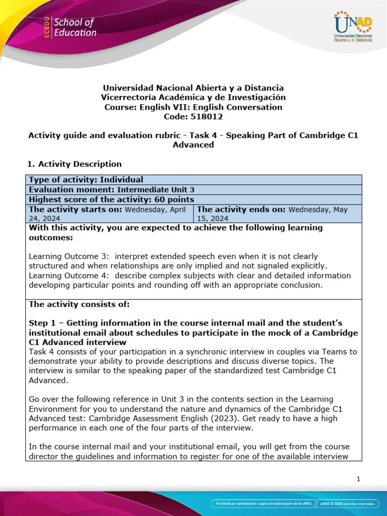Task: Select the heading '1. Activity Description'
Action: pyautogui.click(x=74, y=164)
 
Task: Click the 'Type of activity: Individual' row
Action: pyautogui.click(x=86, y=180)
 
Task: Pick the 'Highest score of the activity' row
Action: pyautogui.click(x=111, y=199)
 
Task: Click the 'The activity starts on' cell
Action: pyautogui.click(x=109, y=213)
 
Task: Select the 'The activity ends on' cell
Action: pyautogui.click(x=277, y=213)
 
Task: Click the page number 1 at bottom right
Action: pyautogui.click(x=358, y=479)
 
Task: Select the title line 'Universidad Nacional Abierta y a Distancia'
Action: pyautogui.click(x=193, y=88)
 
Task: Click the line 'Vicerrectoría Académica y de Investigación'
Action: pyautogui.click(x=193, y=97)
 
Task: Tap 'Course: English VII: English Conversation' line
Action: pyautogui.click(x=193, y=107)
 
